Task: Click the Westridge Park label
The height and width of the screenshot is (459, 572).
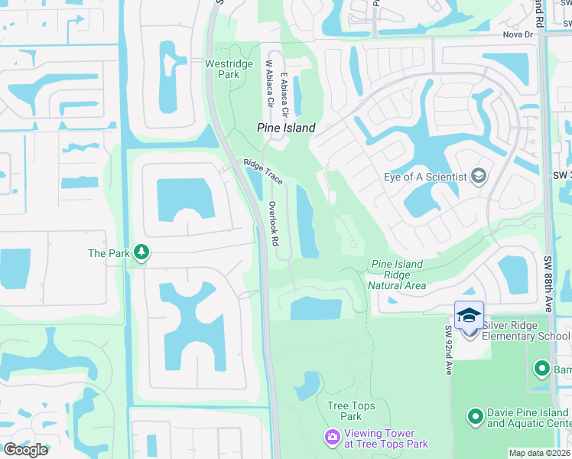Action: pyautogui.click(x=223, y=69)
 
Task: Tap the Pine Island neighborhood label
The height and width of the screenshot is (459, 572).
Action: pyautogui.click(x=285, y=129)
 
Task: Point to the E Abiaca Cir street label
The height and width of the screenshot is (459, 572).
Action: pyautogui.click(x=284, y=95)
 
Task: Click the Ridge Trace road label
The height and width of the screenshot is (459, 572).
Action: pyautogui.click(x=263, y=172)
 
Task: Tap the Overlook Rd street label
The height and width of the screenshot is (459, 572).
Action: pyautogui.click(x=274, y=223)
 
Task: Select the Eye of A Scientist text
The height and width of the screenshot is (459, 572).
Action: pyautogui.click(x=425, y=177)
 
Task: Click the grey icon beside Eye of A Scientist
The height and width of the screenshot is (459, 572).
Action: pyautogui.click(x=479, y=177)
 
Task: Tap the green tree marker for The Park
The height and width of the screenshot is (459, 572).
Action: pyautogui.click(x=141, y=252)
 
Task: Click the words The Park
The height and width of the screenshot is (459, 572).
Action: pyautogui.click(x=107, y=253)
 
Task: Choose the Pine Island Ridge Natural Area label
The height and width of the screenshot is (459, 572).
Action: pyautogui.click(x=397, y=275)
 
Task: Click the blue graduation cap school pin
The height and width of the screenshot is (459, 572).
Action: pyautogui.click(x=470, y=314)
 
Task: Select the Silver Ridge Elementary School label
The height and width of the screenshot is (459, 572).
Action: pyautogui.click(x=526, y=330)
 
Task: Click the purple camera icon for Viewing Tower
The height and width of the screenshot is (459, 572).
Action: pyautogui.click(x=333, y=437)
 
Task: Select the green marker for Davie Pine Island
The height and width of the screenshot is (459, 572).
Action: pyautogui.click(x=476, y=417)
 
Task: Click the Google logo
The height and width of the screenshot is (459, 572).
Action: pyautogui.click(x=25, y=450)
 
